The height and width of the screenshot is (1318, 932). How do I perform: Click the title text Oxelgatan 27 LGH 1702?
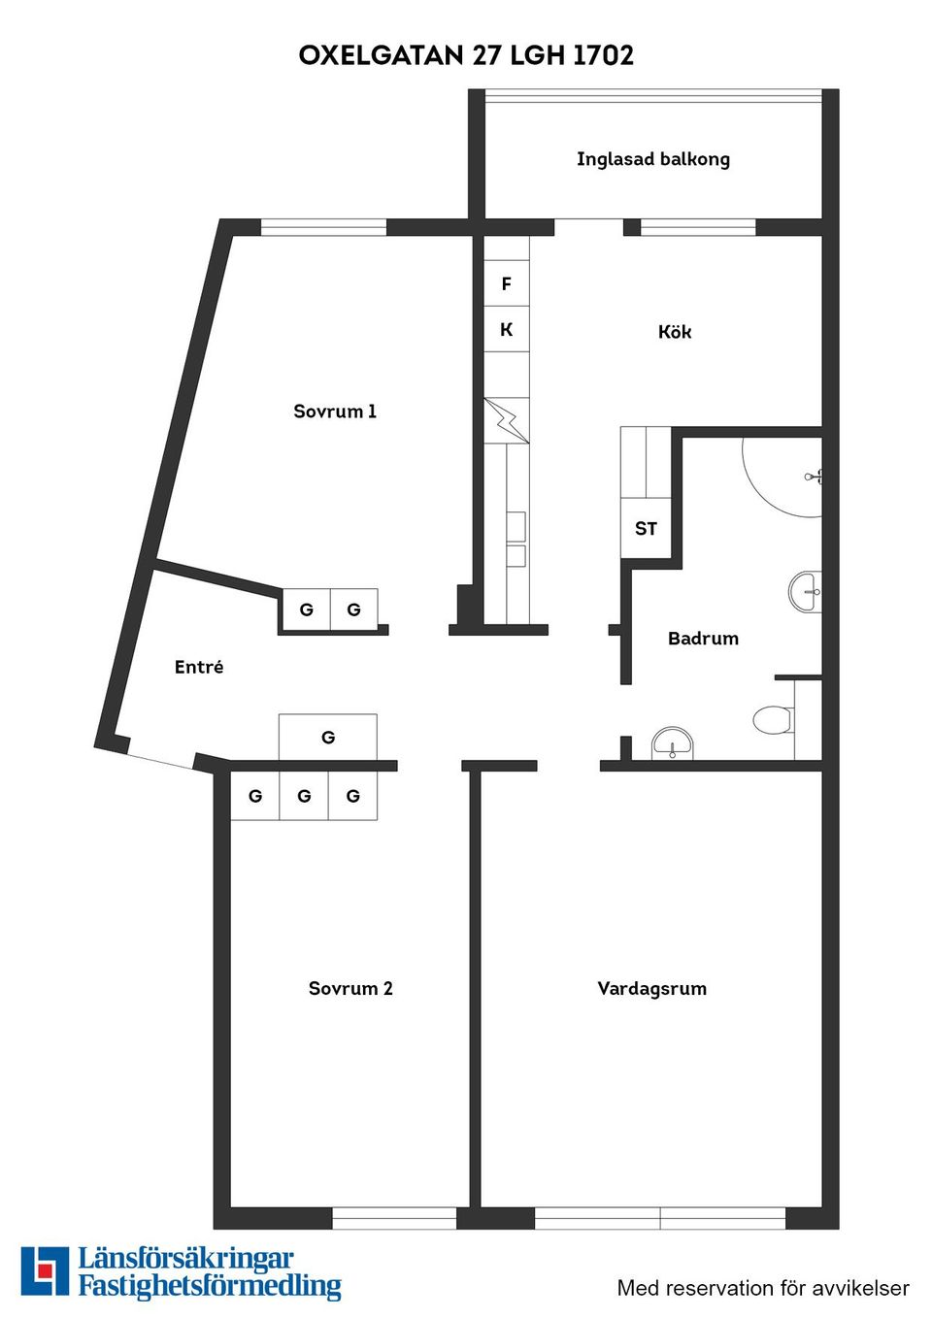pyautogui.click(x=466, y=55)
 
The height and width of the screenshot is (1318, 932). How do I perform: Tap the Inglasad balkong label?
pyautogui.click(x=652, y=159)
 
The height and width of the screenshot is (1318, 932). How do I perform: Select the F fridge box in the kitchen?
pyautogui.click(x=507, y=283)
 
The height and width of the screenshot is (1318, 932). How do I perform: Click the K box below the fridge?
pyautogui.click(x=507, y=330)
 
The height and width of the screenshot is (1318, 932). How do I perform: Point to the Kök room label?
pyautogui.click(x=675, y=332)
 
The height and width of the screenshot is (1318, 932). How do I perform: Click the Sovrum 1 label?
pyautogui.click(x=335, y=412)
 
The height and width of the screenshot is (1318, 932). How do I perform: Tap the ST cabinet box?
pyautogui.click(x=646, y=529)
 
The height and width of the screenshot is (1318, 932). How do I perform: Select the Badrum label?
pyautogui.click(x=703, y=639)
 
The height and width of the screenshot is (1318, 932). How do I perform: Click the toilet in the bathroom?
pyautogui.click(x=773, y=720)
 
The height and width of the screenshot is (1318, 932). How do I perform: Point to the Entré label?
pyautogui.click(x=199, y=667)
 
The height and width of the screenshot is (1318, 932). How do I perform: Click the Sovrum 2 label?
pyautogui.click(x=350, y=989)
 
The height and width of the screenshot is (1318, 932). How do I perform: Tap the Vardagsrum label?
pyautogui.click(x=651, y=989)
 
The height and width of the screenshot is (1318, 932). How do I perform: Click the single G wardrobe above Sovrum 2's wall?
pyautogui.click(x=328, y=738)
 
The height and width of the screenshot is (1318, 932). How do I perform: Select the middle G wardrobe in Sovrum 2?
pyautogui.click(x=304, y=796)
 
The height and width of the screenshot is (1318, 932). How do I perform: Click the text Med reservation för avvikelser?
pyautogui.click(x=763, y=1288)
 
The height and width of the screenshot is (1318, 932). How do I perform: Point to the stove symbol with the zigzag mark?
pyautogui.click(x=507, y=420)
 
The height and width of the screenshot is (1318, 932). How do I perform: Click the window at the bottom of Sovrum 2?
pyautogui.click(x=394, y=1218)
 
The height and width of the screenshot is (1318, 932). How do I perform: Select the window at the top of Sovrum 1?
pyautogui.click(x=323, y=228)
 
